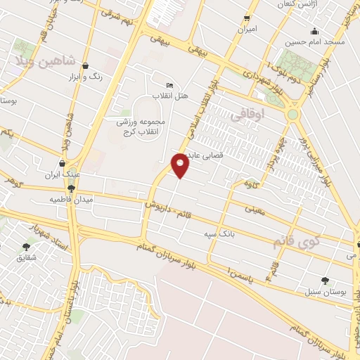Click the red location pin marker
[181, 165]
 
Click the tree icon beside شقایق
[27, 247]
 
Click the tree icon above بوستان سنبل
[324, 280]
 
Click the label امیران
[247, 30]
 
